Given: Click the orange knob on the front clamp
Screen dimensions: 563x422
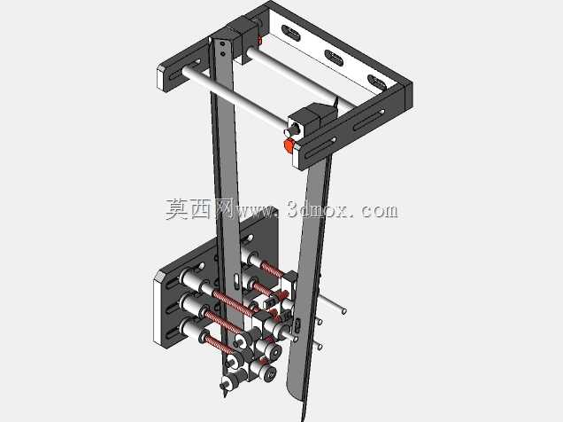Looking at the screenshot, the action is tap(289, 145).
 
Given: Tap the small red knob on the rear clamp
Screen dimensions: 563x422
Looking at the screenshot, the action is tap(260, 41).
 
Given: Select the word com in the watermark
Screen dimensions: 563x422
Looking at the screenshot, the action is tap(380, 211).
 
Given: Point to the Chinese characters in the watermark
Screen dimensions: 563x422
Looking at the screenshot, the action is tap(200, 209).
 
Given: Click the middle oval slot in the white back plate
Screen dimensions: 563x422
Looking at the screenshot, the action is tap(334, 59).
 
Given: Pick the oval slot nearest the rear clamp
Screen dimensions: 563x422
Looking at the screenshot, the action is tap(291, 33).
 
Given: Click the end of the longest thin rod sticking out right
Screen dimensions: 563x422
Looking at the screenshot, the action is tap(344, 311).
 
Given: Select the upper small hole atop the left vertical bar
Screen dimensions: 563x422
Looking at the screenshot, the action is tap(223, 43).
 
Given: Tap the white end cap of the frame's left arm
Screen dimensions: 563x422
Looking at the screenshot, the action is tap(163, 77).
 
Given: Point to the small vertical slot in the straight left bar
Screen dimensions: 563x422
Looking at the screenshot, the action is tap(236, 281).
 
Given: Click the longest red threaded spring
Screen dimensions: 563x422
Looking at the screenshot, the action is tap(235, 302).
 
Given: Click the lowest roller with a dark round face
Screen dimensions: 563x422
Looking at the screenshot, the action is tap(270, 374).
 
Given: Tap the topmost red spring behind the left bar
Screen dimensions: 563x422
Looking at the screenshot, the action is tap(273, 269).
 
